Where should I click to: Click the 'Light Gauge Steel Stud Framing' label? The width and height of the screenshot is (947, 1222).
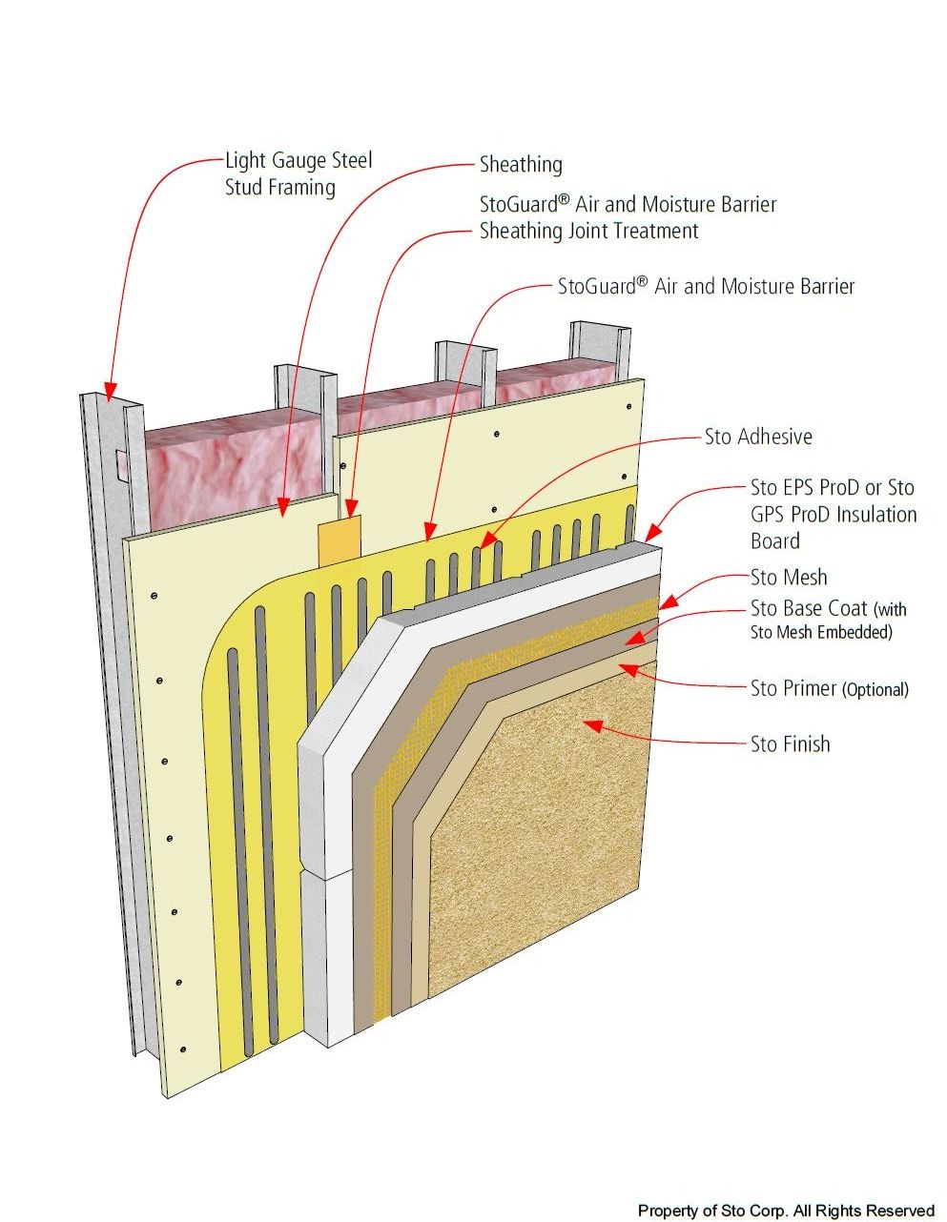tap(298, 173)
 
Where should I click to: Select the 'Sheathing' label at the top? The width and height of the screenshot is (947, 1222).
tap(521, 165)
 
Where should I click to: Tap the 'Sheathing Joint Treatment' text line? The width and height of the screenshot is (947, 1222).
tap(588, 231)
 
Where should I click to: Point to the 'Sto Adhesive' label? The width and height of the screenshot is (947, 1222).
tap(758, 438)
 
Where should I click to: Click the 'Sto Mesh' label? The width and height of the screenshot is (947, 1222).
tap(789, 578)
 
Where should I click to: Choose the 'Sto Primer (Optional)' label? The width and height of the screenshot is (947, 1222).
tap(829, 688)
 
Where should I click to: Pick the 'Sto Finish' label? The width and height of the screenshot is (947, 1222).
tap(790, 744)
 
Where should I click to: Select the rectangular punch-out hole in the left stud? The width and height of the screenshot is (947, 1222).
tap(118, 464)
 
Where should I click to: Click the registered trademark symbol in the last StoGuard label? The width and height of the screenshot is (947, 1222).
tap(643, 281)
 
